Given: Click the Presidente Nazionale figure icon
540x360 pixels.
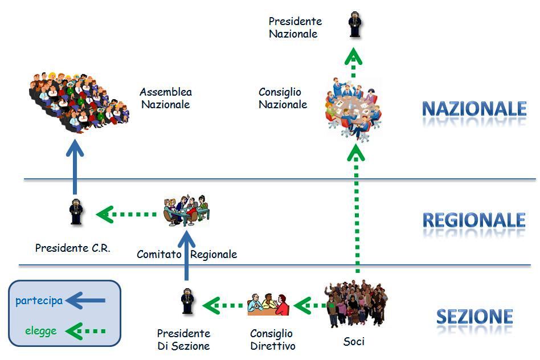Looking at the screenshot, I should click(355, 25).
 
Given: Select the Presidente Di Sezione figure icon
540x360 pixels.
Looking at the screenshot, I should click(186, 302).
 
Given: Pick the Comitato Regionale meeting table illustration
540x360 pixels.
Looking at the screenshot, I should click(186, 210).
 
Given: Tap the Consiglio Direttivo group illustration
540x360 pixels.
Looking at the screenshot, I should click(268, 305).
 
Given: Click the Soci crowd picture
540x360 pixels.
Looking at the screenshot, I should click(354, 305).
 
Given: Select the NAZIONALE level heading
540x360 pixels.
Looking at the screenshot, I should click(474, 108).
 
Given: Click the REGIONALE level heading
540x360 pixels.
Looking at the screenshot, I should click(474, 220).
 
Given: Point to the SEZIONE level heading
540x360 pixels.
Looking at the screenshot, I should click(474, 317).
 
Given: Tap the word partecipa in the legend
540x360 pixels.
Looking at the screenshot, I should click(39, 300).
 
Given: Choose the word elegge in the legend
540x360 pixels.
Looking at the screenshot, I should click(41, 330).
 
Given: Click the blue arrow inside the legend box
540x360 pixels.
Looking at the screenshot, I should click(86, 300).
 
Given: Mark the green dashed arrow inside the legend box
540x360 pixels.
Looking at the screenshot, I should click(86, 330).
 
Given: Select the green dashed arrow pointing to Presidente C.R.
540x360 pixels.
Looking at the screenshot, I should click(127, 215).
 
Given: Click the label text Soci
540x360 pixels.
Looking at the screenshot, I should click(354, 342).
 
